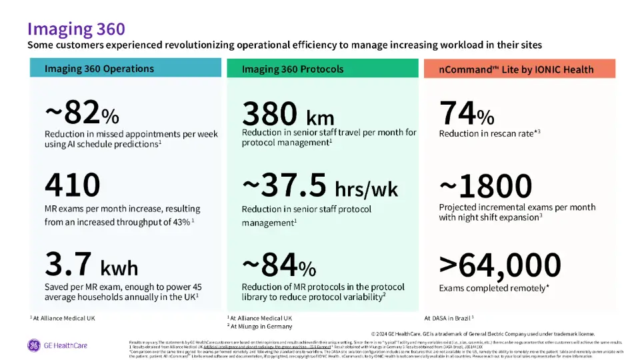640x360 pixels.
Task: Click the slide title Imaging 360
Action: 75,29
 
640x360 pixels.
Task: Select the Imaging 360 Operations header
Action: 99,69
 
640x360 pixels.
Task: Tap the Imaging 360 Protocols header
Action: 293,69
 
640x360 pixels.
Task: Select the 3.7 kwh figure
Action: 91,265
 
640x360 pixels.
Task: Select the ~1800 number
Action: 485,187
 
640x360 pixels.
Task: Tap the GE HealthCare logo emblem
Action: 33,345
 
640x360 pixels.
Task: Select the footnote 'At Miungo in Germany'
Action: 261,326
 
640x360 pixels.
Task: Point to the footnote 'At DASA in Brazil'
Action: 453,318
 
